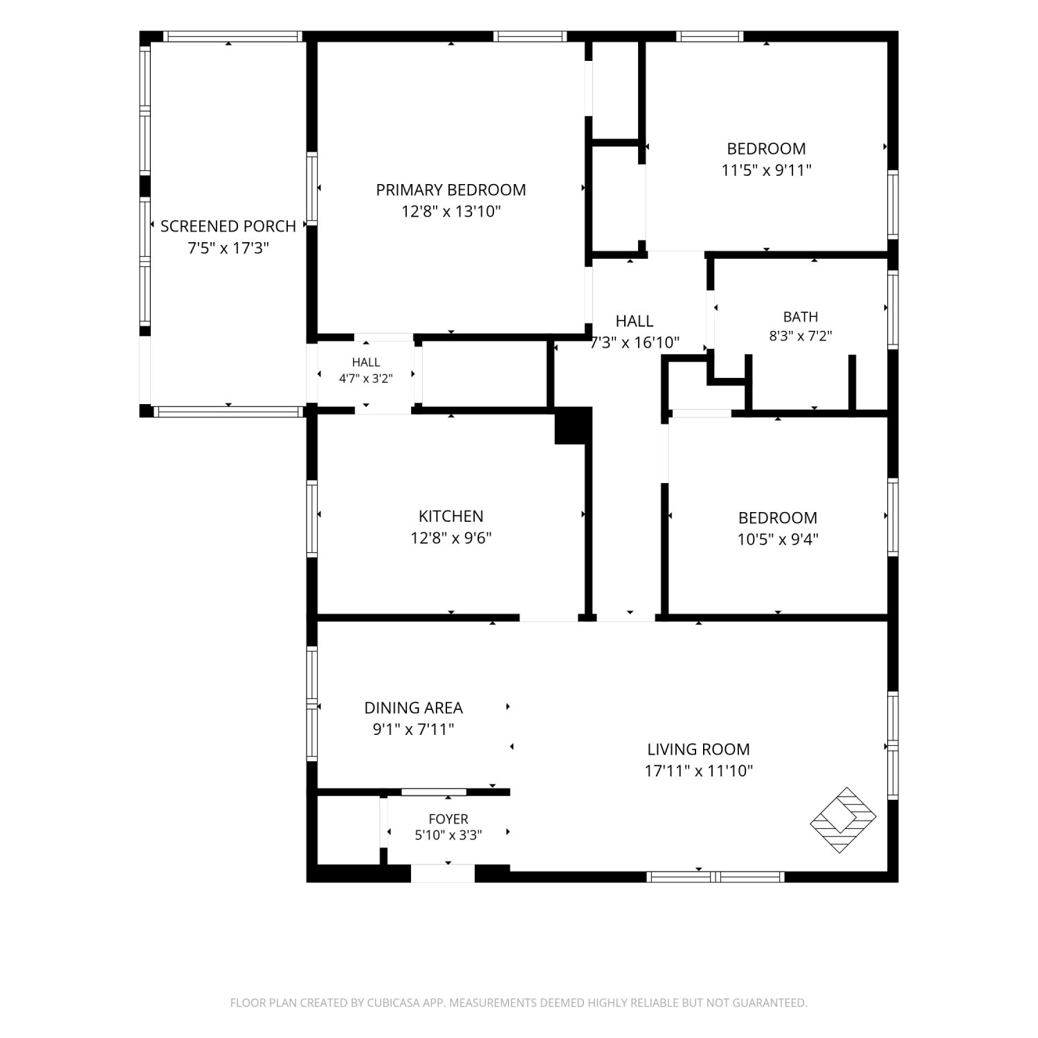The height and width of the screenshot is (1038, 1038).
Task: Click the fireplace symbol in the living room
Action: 843,820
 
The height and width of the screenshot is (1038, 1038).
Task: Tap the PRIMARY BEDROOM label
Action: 450,190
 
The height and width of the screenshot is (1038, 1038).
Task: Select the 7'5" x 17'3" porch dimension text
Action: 228,248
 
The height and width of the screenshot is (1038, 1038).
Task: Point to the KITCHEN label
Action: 450,516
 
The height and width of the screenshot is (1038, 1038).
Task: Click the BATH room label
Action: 801,317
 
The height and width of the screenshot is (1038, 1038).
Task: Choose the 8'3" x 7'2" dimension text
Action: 801,336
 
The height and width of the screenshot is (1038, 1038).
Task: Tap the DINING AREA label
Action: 413,708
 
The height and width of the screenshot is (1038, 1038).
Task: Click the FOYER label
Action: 448,819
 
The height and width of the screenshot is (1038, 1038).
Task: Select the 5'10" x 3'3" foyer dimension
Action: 448,835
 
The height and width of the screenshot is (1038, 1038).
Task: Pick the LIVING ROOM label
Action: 698,749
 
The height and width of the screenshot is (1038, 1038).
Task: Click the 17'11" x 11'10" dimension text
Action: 698,771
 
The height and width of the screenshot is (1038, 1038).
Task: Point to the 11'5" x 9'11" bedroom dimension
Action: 766,170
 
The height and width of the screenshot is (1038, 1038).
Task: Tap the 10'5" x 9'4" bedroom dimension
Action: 778,539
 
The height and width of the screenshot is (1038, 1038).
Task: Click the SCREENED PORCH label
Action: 228,226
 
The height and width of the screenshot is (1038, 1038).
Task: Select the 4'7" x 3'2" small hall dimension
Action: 366,379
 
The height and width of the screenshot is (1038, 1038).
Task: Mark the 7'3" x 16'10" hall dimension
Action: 635,343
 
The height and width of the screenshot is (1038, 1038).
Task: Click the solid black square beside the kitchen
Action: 574,425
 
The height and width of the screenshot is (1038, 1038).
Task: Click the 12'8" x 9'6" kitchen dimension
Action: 450,538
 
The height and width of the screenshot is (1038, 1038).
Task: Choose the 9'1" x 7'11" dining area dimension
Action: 413,729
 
